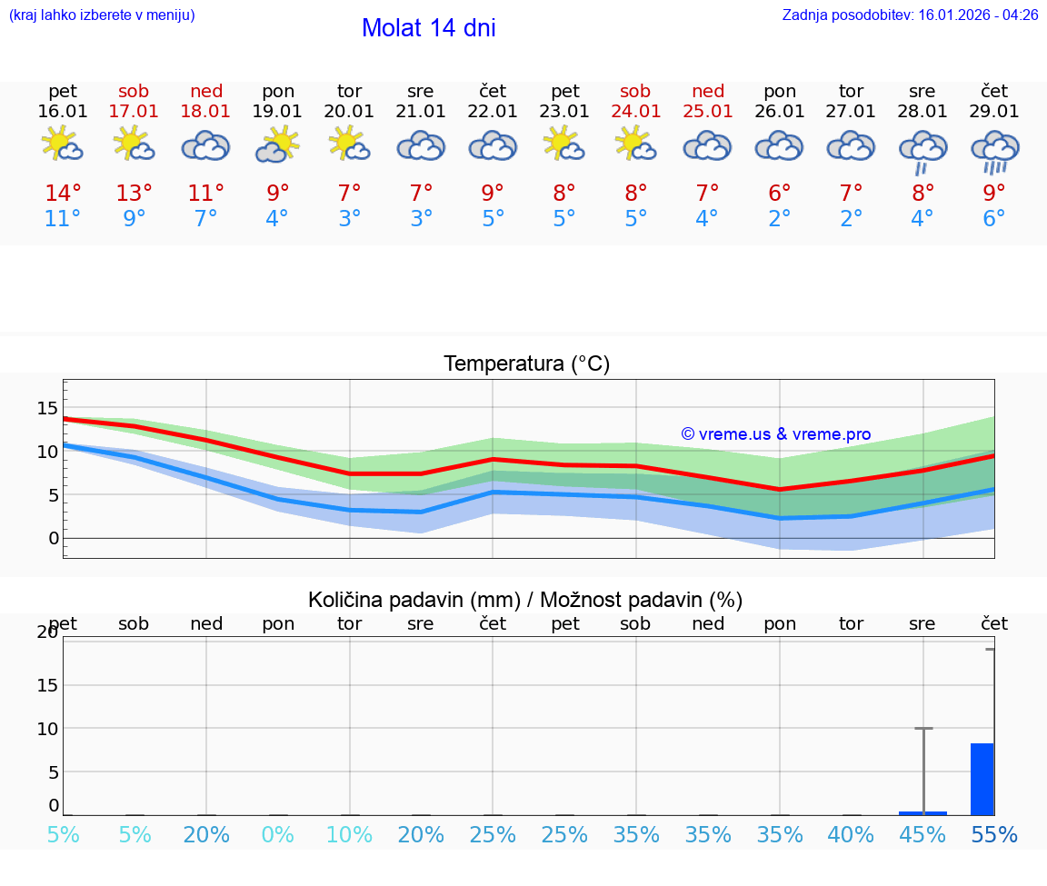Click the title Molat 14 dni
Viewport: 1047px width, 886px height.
(428, 28)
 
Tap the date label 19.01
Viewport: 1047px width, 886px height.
(277, 112)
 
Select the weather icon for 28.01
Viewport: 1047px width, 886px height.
(922, 150)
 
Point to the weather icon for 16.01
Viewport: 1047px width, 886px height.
(63, 144)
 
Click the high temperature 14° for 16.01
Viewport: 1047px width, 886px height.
(63, 194)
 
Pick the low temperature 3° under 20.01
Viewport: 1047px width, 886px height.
(349, 219)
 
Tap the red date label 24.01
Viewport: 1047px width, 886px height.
(635, 112)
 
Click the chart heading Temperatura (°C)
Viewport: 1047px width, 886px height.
(526, 364)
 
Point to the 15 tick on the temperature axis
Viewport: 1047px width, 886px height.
(48, 408)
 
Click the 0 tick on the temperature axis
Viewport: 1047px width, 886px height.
(54, 538)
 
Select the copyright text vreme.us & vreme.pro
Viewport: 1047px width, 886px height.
(776, 434)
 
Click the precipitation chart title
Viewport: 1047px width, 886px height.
(525, 600)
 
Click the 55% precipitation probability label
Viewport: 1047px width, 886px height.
(994, 835)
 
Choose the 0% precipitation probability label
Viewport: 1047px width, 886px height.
(277, 835)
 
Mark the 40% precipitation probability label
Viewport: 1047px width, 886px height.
(851, 835)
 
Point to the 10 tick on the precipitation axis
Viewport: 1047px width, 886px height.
(48, 729)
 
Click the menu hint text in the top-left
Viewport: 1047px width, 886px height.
(102, 15)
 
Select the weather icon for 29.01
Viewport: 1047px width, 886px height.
(994, 150)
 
